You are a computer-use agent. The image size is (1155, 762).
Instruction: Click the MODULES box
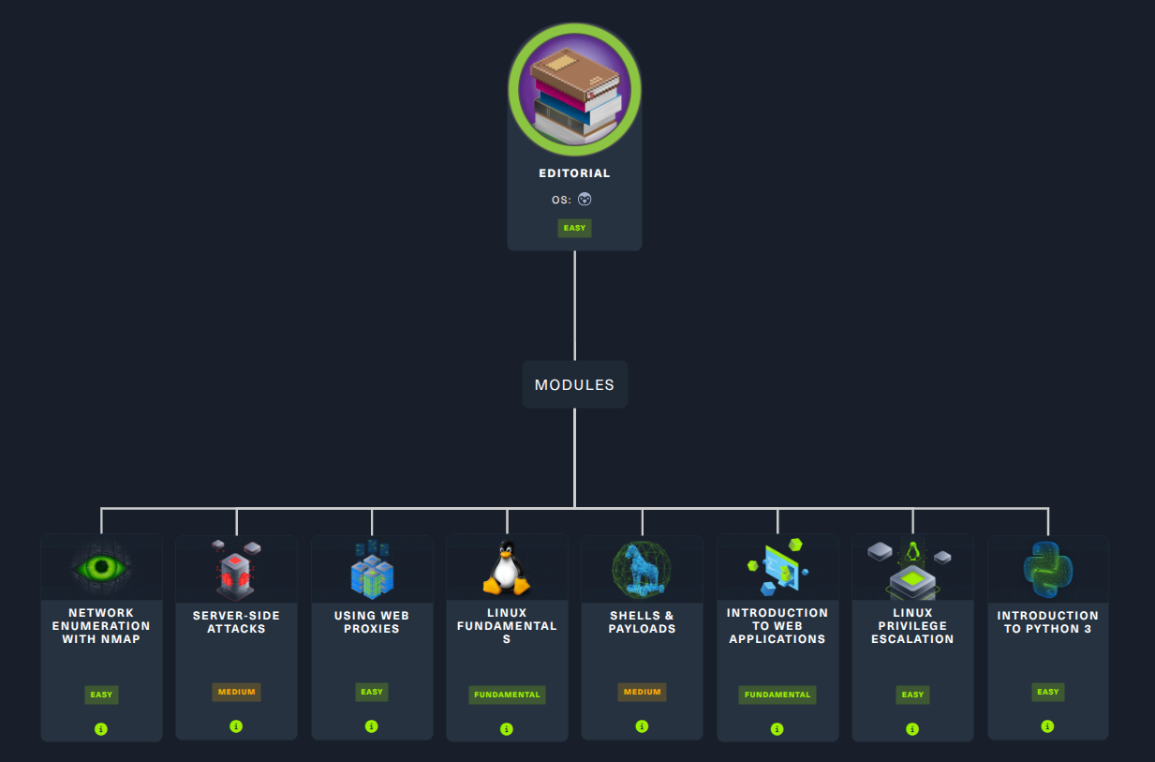tap(574, 384)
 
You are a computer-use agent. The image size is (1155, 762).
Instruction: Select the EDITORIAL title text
tap(574, 173)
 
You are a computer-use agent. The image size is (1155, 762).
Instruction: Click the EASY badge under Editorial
tap(574, 228)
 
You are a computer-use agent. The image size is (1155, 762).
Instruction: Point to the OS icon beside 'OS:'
tap(585, 199)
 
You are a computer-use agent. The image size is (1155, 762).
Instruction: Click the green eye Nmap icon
tap(101, 567)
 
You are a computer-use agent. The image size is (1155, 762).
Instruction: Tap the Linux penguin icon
tap(507, 567)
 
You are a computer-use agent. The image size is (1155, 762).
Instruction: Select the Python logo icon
tap(1048, 569)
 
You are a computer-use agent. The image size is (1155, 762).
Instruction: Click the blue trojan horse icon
tap(642, 569)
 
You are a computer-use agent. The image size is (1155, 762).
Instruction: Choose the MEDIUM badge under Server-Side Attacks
tap(236, 692)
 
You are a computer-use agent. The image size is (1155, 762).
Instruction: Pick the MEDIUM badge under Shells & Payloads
tap(642, 692)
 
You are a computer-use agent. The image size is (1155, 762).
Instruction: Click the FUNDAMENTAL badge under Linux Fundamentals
tap(507, 695)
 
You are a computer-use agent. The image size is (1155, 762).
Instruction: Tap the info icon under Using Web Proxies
tap(371, 726)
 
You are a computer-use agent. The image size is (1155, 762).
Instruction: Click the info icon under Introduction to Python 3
tap(1047, 726)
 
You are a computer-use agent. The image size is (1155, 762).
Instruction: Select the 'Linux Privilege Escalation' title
tap(912, 626)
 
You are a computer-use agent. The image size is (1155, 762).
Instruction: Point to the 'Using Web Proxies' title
tap(371, 622)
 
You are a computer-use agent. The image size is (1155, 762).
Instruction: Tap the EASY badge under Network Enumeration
tap(101, 695)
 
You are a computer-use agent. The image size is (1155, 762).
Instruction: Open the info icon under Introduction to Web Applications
tap(777, 729)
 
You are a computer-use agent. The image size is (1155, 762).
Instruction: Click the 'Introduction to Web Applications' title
tap(777, 626)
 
